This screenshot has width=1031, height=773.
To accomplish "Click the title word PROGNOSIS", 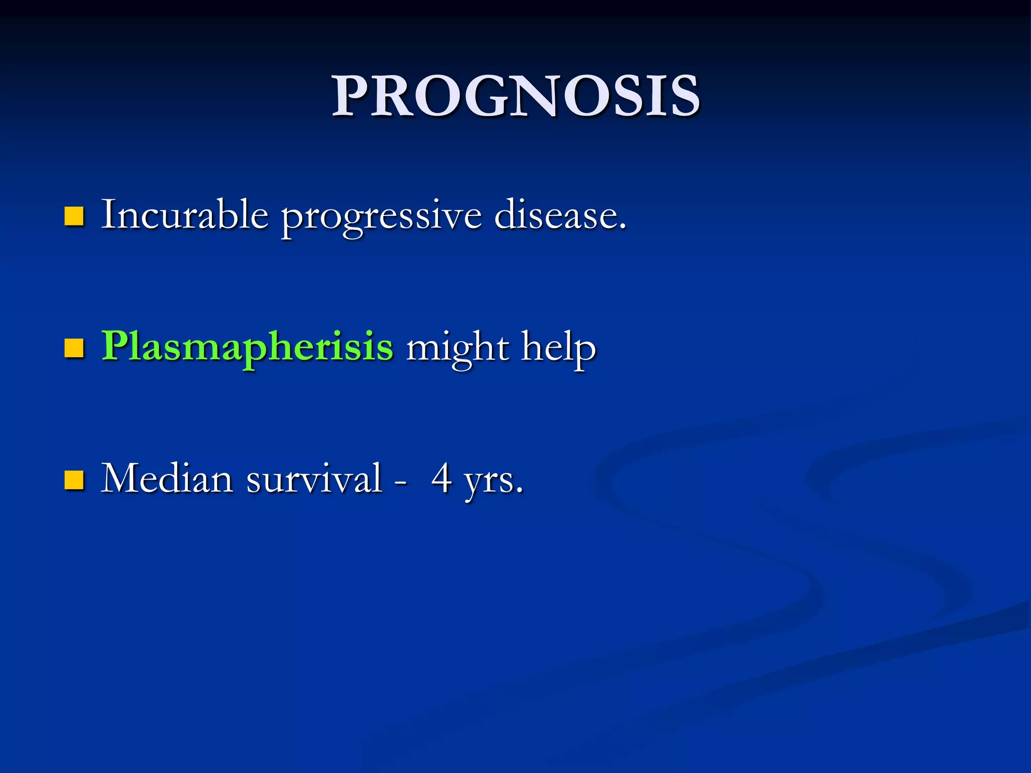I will click(515, 96).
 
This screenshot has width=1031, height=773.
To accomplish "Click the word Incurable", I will click(184, 215).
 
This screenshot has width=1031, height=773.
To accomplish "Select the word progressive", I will click(381, 217).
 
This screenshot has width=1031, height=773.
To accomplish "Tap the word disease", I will click(556, 215).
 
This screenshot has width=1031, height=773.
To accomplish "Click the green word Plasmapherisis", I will click(247, 347).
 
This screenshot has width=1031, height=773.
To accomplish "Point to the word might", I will click(458, 348).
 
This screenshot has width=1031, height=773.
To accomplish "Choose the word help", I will click(558, 348).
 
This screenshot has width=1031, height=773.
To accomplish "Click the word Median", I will click(167, 478).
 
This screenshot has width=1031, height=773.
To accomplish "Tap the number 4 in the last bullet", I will click(441, 478).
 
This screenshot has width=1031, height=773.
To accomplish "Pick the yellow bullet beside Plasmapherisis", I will click(73, 348).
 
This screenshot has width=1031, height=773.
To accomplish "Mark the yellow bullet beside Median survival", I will click(73, 480).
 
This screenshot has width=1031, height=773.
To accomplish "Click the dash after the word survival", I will click(401, 482).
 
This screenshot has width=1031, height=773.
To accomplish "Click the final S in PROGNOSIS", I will click(683, 96).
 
